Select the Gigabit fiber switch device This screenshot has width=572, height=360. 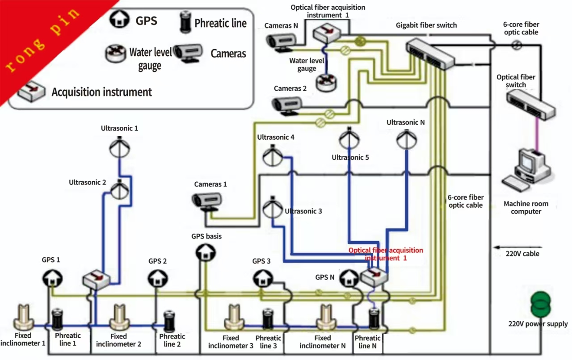coord(430,53)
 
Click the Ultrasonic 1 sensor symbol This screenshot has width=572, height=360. coord(119,146)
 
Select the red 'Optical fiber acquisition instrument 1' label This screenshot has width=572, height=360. coord(385,254)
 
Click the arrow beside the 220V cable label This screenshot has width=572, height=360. coord(517,247)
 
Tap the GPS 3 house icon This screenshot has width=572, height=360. coord(261,279)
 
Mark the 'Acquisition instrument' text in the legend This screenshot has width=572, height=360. coord(101,92)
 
